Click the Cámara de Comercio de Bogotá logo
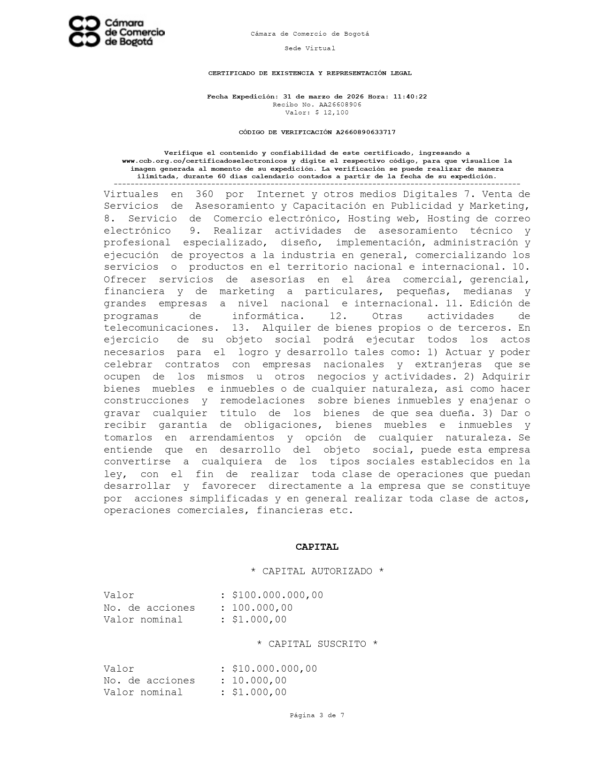tap(116, 32)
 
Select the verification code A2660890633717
tap(365, 132)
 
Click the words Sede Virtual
tap(310, 48)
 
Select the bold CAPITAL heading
tap(317, 547)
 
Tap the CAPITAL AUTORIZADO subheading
tap(317, 571)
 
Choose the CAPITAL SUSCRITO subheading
tap(317, 644)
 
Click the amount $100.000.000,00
tap(277, 595)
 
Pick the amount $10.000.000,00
tap(275, 669)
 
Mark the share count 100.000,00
tap(262, 608)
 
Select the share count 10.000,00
tap(259, 681)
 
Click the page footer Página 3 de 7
tap(317, 715)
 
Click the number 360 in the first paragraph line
tap(204, 194)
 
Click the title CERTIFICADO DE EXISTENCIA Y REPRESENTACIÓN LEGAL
tap(310, 73)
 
